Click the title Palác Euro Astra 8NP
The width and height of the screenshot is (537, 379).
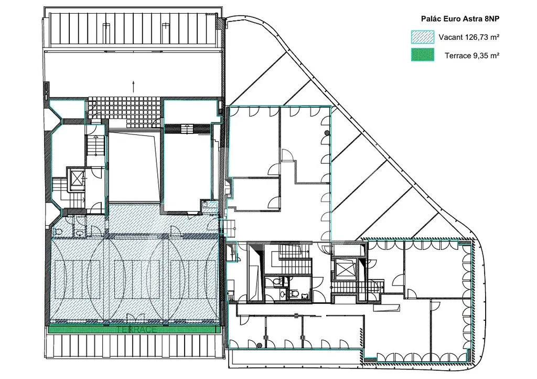(x=460, y=19)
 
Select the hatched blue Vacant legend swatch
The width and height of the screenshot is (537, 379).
(x=422, y=37)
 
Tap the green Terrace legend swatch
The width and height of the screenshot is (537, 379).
(x=422, y=55)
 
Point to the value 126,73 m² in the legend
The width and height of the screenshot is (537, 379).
(x=481, y=37)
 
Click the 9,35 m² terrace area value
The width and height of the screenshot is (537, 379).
(x=485, y=56)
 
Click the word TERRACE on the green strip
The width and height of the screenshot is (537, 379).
(x=136, y=329)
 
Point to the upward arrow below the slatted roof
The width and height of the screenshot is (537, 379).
(x=133, y=87)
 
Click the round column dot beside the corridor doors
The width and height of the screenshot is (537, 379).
(x=327, y=133)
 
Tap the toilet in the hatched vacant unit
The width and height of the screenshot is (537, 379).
(x=58, y=231)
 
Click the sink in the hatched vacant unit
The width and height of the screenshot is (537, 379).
(x=80, y=233)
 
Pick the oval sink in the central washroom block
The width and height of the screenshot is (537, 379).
(x=283, y=294)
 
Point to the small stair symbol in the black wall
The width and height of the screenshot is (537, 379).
(x=187, y=129)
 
